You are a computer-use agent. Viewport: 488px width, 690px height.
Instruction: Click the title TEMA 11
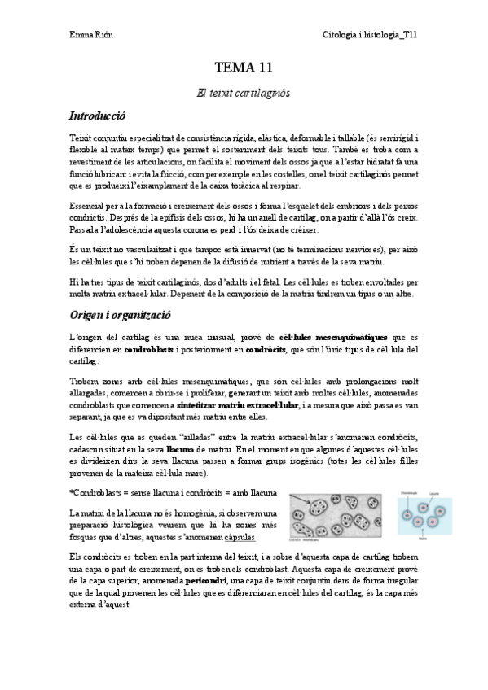point(244,68)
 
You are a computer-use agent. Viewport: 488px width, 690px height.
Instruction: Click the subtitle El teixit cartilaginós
point(244,94)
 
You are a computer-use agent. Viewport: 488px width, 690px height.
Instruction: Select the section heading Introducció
point(98,117)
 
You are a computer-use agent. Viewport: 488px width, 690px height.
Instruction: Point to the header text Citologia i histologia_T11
point(370,34)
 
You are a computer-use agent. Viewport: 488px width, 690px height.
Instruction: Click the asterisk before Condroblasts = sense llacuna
point(72,493)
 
